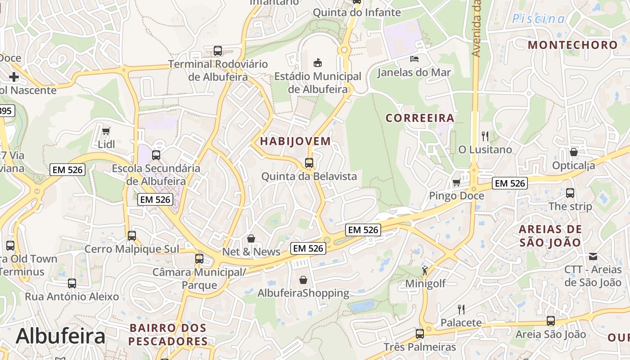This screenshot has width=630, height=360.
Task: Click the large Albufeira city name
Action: point(60,336)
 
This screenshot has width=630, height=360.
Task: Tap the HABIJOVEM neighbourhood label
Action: point(295,141)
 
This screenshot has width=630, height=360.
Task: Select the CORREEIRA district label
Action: point(420,118)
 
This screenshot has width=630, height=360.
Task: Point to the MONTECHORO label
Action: point(572,45)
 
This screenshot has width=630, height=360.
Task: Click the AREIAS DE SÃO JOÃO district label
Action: point(550,236)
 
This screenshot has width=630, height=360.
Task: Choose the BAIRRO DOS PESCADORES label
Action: point(168,334)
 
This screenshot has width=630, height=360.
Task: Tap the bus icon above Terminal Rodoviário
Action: point(218,51)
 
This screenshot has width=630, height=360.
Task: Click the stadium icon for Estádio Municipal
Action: point(318,62)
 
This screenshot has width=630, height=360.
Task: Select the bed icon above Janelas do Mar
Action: point(414,58)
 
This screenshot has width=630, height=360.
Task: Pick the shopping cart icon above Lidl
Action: point(106,131)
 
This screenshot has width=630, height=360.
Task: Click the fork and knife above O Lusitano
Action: point(485,136)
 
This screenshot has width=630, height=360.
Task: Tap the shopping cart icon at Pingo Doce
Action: point(456,182)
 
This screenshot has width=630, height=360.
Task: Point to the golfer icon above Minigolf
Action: point(425,270)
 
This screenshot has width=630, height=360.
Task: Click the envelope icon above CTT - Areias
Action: point(593,256)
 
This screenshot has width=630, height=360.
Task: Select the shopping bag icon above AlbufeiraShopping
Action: point(303,280)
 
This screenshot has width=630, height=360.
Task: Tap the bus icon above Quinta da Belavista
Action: point(309,163)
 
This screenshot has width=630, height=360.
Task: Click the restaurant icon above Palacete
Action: point(461,309)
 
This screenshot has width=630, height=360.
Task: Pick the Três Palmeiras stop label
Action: point(419,347)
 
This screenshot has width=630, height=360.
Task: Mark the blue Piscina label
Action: point(539,19)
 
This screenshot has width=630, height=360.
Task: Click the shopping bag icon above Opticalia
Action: point(573,152)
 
